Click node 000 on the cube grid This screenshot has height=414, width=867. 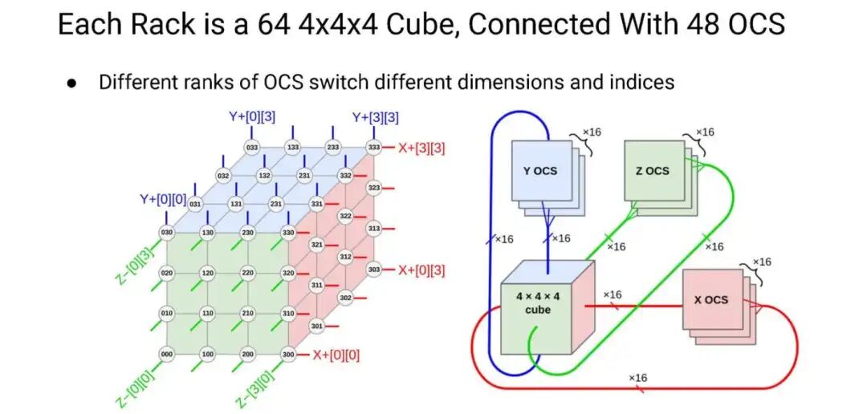click(x=168, y=354)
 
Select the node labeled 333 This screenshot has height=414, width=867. click(x=372, y=148)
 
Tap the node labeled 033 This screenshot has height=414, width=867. click(x=252, y=148)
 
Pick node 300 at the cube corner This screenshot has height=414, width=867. click(x=288, y=354)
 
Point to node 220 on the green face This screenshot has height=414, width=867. click(x=248, y=273)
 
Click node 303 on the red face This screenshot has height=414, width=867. click(x=373, y=270)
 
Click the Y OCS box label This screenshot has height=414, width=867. click(x=539, y=171)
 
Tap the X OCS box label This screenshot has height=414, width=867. click(x=710, y=300)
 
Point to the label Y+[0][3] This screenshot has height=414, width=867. click(x=252, y=117)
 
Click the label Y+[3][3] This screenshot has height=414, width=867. click(x=376, y=117)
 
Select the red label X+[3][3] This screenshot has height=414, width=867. click(x=421, y=148)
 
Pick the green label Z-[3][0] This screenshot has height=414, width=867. click(x=255, y=388)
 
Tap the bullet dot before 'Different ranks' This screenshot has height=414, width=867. click(x=72, y=82)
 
